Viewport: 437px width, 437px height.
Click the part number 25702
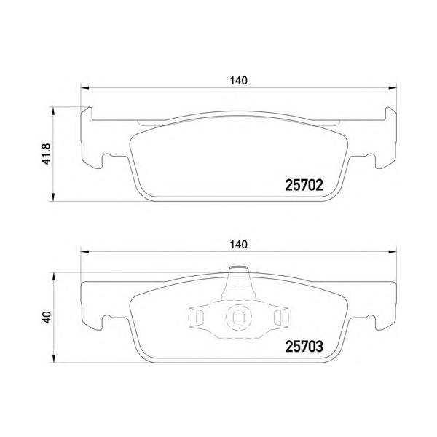(304, 185)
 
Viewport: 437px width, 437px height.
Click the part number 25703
(304, 347)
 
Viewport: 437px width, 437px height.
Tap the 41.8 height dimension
(47, 154)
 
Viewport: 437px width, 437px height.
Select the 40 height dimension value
(47, 317)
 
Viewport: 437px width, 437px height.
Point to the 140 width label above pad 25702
(238, 81)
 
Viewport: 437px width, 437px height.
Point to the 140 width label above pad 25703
(238, 245)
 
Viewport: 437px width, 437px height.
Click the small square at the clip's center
(238, 318)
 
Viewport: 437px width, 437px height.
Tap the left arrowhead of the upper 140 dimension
(84, 88)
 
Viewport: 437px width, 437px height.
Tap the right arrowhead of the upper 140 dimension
(393, 88)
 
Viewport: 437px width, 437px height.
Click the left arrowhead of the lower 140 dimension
(84, 252)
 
